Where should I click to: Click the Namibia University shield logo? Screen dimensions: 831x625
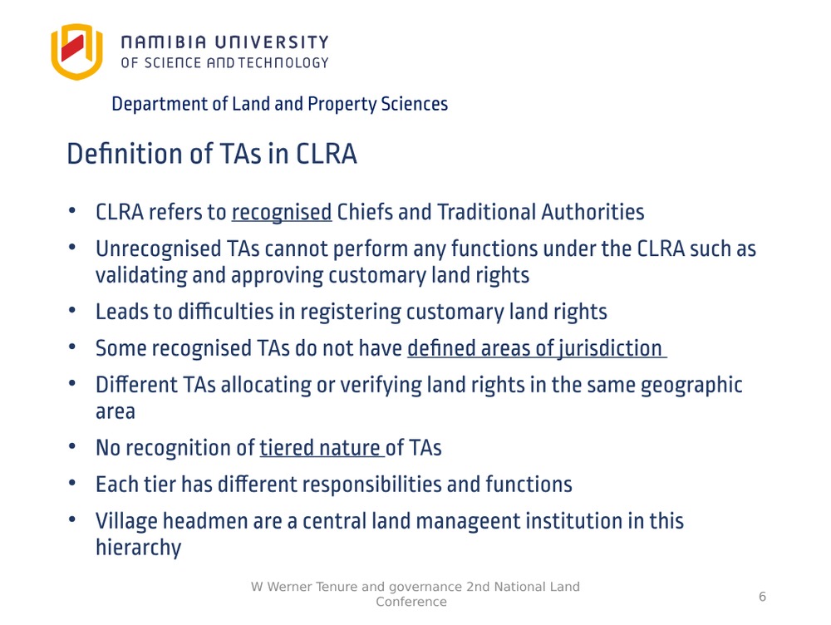[76, 52]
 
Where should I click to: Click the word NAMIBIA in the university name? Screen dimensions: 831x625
[164, 42]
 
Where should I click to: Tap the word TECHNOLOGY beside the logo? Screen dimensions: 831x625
[283, 63]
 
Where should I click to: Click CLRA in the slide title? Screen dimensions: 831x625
[326, 155]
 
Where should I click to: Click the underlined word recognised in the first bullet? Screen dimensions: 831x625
[282, 213]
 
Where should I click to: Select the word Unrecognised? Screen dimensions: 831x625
[159, 249]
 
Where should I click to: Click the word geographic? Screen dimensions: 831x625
[691, 386]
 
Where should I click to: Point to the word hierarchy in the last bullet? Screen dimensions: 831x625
[139, 548]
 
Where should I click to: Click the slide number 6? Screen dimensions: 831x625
[762, 597]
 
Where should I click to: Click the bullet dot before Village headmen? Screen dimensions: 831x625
[72, 519]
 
